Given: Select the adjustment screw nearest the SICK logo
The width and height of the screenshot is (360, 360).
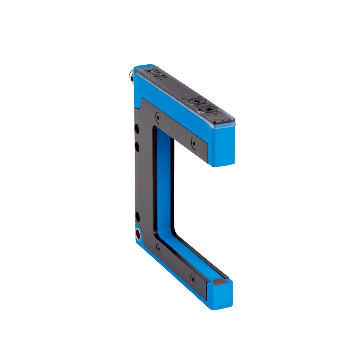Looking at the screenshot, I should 195,101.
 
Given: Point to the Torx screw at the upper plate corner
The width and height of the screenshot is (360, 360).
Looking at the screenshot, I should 158,117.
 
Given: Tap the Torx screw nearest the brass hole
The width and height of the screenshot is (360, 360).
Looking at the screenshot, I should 159,248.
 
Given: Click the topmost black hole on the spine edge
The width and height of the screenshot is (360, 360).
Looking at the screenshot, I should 137,129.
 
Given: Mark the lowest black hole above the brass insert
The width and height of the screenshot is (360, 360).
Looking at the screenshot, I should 137,217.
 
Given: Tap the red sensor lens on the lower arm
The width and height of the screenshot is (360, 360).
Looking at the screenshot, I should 219,282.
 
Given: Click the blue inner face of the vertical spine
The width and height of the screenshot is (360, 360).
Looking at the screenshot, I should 164,183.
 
